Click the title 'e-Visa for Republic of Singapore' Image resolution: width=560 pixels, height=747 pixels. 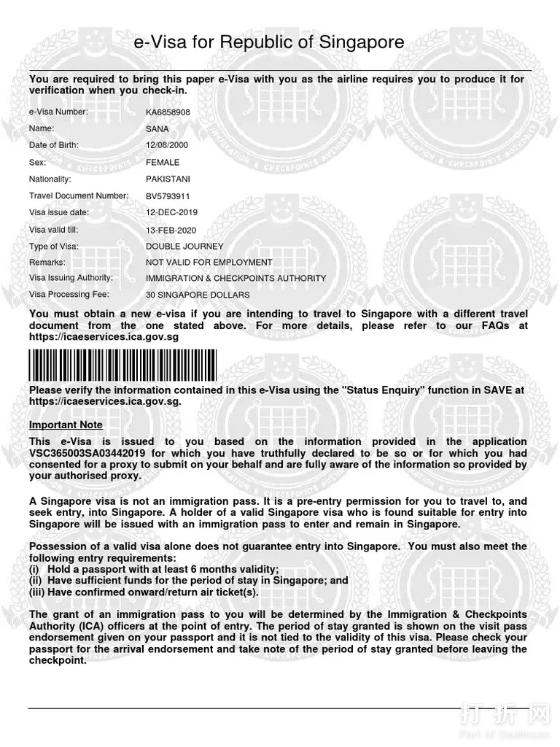coord(269,43)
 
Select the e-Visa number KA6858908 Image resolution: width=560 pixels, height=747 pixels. coord(168,112)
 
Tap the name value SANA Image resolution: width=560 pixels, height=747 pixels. coord(157,129)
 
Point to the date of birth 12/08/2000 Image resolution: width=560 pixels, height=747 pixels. coord(167,145)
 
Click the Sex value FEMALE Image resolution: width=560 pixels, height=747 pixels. coord(163,163)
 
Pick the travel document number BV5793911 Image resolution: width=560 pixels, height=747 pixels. coord(168,196)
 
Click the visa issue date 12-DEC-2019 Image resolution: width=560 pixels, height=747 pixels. coord(171,212)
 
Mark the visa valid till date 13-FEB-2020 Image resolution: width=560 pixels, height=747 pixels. coord(171,230)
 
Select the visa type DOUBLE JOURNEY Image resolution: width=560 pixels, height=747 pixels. coord(184,247)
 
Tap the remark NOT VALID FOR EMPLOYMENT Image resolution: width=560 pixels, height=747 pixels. coord(209,263)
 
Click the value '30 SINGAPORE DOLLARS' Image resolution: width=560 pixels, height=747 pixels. coord(198,295)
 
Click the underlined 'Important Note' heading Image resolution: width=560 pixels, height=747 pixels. coord(66,425)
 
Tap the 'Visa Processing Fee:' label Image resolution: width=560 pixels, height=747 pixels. coord(69,295)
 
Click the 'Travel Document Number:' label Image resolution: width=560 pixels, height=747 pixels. coord(79,196)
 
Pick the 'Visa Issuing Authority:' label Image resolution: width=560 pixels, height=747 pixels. coord(71,278)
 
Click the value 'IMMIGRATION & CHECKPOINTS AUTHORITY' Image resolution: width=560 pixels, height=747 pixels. coord(236,279)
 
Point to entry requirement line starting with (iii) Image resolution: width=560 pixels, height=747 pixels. coord(144,592)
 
